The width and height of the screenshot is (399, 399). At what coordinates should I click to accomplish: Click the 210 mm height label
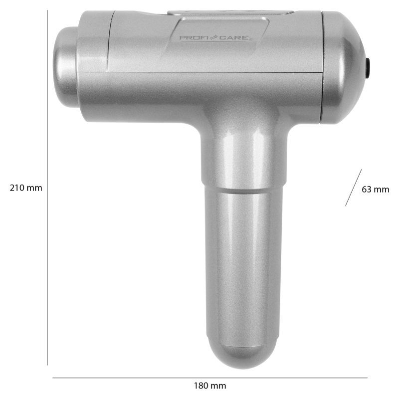pyautogui.click(x=26, y=188)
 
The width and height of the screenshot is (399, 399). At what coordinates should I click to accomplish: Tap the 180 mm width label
pyautogui.click(x=209, y=386)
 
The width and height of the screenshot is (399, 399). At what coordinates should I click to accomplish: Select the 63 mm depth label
pyautogui.click(x=375, y=189)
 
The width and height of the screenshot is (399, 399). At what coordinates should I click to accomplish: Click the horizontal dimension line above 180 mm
pyautogui.click(x=209, y=378)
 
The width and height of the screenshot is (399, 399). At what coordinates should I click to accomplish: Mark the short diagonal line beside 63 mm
pyautogui.click(x=353, y=188)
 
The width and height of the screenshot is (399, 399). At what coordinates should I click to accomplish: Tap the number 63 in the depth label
pyautogui.click(x=367, y=189)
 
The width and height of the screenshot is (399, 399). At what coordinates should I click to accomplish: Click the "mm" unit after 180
pyautogui.click(x=218, y=386)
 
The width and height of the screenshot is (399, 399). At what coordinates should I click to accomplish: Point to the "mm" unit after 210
pyautogui.click(x=35, y=188)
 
